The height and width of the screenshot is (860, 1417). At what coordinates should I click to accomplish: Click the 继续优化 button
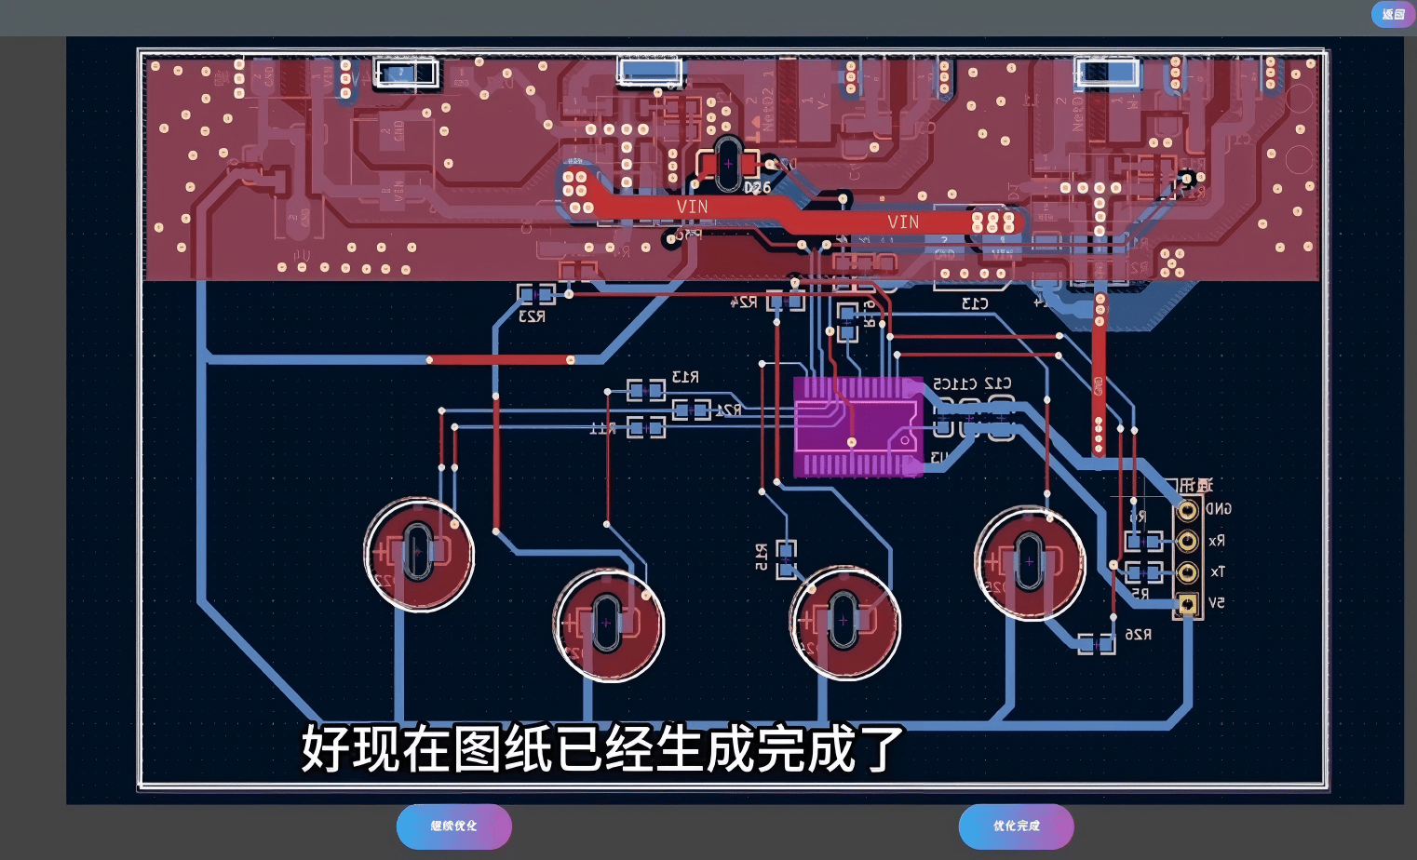[453, 826]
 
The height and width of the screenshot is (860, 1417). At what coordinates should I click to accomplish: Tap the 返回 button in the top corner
[1393, 14]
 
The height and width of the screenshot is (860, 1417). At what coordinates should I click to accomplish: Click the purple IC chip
[857, 427]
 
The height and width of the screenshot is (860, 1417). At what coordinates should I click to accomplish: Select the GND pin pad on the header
[1187, 510]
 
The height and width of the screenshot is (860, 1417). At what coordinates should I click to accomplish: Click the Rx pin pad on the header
[1187, 541]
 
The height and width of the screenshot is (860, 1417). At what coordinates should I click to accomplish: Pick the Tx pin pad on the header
[1187, 572]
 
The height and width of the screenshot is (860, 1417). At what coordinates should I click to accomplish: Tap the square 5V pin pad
[1187, 604]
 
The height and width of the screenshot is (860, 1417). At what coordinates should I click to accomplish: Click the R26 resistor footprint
[1096, 644]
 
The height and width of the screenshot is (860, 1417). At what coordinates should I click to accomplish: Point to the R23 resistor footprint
[535, 295]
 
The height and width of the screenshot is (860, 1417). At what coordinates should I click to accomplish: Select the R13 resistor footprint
[645, 389]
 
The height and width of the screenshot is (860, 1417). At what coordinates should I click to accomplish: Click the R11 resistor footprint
[645, 427]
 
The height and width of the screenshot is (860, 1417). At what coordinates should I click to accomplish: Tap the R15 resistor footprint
[787, 558]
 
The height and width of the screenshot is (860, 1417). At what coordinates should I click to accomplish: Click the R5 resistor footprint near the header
[1143, 571]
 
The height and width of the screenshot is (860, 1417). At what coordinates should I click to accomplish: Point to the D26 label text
[757, 188]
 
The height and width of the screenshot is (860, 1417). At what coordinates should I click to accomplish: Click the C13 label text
[974, 304]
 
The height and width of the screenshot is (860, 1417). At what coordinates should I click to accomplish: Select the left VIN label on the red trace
[692, 207]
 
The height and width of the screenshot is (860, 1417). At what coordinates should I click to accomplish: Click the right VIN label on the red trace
[902, 222]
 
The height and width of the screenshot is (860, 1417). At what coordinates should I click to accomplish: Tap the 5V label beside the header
[1216, 603]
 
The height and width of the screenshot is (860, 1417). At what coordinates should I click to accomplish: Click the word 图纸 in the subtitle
[529, 749]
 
